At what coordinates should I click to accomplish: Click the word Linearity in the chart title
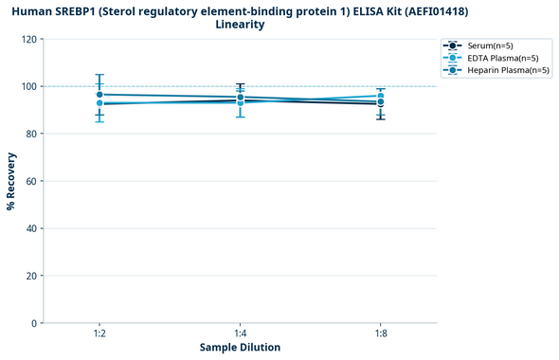pos(240,25)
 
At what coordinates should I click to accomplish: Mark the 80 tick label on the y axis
pos(31,134)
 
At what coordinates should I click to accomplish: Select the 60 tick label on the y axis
pos(31,181)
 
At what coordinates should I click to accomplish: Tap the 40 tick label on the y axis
pos(31,228)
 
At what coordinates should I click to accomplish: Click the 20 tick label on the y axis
pos(31,276)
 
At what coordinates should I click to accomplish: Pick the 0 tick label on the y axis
pos(34,323)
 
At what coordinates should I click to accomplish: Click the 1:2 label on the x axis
pos(99,334)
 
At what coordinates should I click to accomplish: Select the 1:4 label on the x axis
pos(240,334)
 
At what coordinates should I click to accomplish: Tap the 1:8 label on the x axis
pos(380,334)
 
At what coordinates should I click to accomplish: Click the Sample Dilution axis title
pos(240,348)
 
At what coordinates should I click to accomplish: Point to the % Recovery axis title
pos(11,181)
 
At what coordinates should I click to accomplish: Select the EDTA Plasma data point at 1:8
pos(380,97)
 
